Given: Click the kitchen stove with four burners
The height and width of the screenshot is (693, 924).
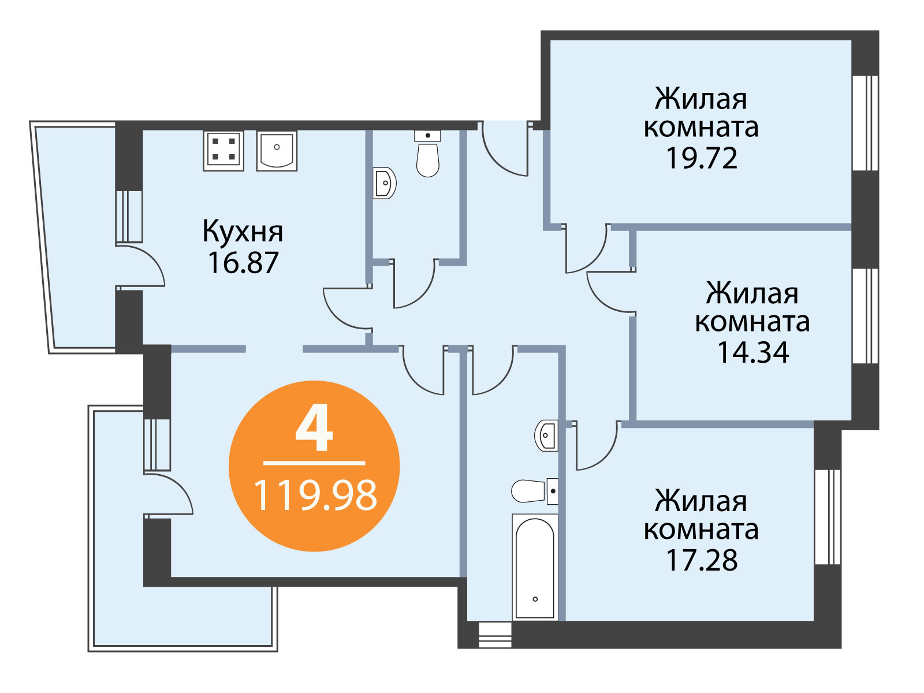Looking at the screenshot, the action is click(x=223, y=150).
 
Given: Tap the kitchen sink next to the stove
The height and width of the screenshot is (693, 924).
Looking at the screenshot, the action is click(x=277, y=150).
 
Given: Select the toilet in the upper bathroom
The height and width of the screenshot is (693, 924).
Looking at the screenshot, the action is click(x=428, y=153).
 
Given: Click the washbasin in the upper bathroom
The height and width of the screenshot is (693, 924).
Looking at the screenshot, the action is click(x=385, y=183).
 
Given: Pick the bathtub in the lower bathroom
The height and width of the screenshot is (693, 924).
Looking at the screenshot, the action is click(x=535, y=567).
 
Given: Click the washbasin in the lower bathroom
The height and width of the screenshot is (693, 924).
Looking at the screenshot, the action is click(x=546, y=435).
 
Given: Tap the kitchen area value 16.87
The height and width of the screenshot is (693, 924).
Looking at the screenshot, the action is click(x=243, y=263).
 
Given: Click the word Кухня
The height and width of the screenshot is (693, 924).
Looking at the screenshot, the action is click(x=243, y=232).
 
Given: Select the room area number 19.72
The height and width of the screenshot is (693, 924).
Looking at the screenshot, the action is click(x=702, y=158).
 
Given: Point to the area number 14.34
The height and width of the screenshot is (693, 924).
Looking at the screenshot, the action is click(x=753, y=353).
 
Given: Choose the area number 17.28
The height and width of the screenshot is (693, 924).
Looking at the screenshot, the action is click(x=702, y=560).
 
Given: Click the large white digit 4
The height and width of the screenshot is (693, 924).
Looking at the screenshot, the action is click(x=314, y=427).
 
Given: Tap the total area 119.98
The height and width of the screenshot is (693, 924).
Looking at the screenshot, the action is click(x=315, y=495).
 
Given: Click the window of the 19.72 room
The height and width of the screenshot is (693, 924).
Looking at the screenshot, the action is click(x=866, y=123).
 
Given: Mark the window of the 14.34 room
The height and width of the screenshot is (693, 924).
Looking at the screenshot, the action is click(x=866, y=315).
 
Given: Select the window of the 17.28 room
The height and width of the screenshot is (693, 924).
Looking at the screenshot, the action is click(x=828, y=516).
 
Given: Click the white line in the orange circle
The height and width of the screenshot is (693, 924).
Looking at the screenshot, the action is click(x=314, y=463).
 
